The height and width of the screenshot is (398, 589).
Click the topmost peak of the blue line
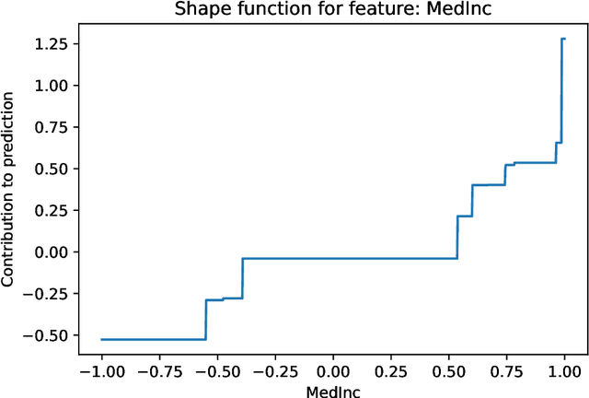(563, 39)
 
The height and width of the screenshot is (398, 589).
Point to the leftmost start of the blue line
(101, 339)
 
